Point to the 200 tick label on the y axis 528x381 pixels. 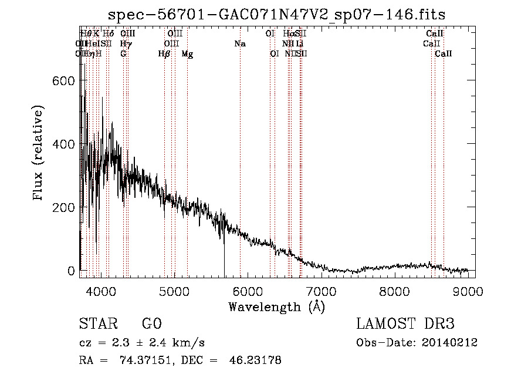pos(65,207)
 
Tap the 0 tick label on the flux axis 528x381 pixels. pos(72,271)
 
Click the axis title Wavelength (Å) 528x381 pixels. pos(276,306)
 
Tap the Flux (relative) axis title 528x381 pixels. pos(39,154)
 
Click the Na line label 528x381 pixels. pos(239,44)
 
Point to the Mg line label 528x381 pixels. pos(187,54)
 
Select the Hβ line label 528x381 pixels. pos(164,54)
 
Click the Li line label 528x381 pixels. pos(299,44)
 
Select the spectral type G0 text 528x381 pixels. pos(151,324)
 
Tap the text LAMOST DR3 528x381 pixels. pos(405,324)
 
